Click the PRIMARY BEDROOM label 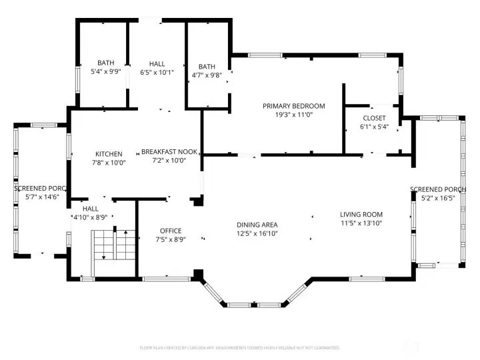(x=293, y=106)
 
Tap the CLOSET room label (x=374, y=118)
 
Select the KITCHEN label (x=108, y=153)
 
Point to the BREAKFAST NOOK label (x=163, y=152)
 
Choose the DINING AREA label (x=257, y=225)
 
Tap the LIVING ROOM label (x=361, y=215)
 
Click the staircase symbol (x=113, y=246)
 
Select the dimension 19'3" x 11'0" (x=293, y=115)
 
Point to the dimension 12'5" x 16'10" (x=257, y=233)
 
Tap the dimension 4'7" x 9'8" (x=207, y=75)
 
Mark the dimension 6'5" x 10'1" (x=157, y=72)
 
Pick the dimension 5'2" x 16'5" (x=438, y=198)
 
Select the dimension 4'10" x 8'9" (x=90, y=217)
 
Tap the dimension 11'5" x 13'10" (x=361, y=223)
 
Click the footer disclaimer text (x=239, y=347)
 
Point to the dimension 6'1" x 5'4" (x=374, y=127)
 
